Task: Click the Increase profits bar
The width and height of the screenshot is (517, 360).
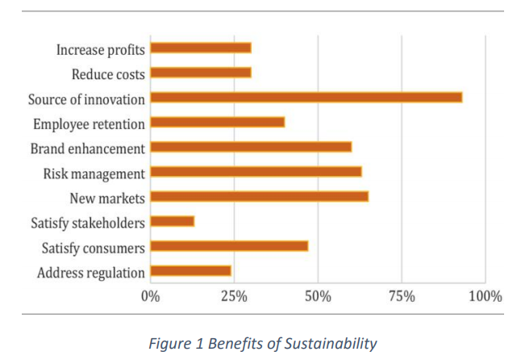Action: coord(201,48)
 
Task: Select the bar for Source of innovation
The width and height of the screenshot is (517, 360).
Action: coord(306,98)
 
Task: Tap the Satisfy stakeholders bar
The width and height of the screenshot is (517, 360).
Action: coord(173,221)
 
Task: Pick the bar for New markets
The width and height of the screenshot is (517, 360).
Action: coord(260,196)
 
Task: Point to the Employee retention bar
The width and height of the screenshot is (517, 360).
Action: coord(218,123)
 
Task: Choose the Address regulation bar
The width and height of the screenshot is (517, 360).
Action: coord(191,271)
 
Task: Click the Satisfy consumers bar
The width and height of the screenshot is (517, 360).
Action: coord(229,246)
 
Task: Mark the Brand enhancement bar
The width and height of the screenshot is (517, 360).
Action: coord(251,147)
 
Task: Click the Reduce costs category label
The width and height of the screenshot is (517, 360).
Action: coord(108,75)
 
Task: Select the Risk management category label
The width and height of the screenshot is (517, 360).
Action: coord(94,174)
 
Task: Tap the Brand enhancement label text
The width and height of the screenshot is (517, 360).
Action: coord(88,149)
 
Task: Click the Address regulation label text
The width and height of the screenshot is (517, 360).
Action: coord(91,273)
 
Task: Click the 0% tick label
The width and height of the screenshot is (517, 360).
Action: coord(150,296)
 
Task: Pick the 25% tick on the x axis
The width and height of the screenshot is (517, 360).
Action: coord(234,296)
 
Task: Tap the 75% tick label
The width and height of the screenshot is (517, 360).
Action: coord(402,296)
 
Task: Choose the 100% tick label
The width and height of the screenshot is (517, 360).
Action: coord(485,296)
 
